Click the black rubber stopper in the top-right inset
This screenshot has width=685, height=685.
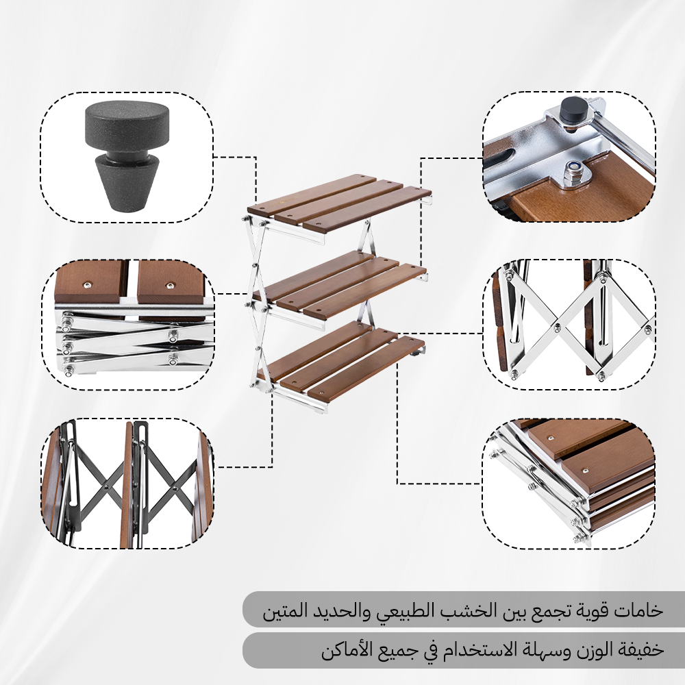pyautogui.click(x=573, y=110)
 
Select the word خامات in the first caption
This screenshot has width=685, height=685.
pyautogui.click(x=638, y=610)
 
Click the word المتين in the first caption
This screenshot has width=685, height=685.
pyautogui.click(x=286, y=610)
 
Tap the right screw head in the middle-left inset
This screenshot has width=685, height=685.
pyautogui.click(x=169, y=286)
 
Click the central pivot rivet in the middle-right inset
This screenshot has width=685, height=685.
pyautogui.click(x=557, y=325)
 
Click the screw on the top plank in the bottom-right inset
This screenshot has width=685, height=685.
pyautogui.click(x=551, y=438)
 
